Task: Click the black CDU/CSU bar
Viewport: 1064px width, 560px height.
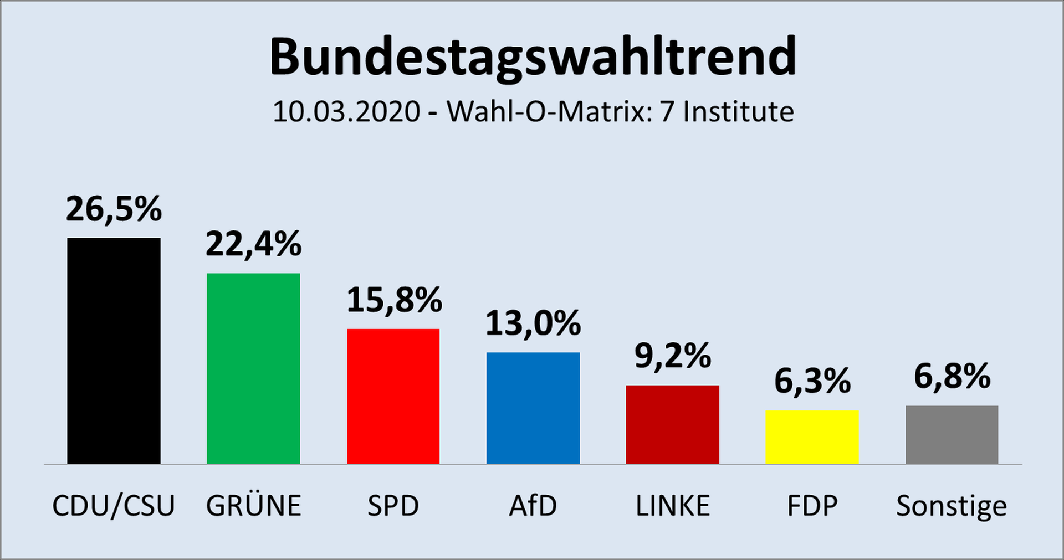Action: [x=114, y=351]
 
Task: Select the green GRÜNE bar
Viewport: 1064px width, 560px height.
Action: [x=253, y=368]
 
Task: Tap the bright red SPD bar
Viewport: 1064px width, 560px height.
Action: [x=393, y=396]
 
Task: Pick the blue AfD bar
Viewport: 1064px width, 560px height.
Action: [x=533, y=408]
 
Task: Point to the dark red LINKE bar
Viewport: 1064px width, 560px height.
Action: [x=672, y=424]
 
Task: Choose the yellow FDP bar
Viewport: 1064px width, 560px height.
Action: [x=812, y=436]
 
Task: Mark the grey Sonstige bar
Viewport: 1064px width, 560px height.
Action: [x=952, y=434]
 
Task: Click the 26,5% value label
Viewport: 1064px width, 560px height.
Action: [x=114, y=209]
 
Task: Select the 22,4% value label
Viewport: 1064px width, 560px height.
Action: [x=253, y=244]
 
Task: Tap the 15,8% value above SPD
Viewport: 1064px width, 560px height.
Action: [x=394, y=300]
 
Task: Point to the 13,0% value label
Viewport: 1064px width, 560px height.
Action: [x=533, y=323]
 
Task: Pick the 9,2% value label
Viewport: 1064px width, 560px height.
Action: [x=673, y=356]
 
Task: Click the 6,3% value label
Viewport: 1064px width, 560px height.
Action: [x=812, y=381]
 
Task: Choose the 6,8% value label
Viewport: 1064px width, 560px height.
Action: [x=952, y=377]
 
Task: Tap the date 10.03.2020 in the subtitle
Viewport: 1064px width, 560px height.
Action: [x=346, y=112]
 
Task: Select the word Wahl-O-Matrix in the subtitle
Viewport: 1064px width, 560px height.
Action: [x=545, y=112]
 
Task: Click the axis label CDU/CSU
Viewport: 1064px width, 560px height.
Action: [x=114, y=506]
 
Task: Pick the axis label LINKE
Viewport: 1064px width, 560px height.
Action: [x=672, y=506]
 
